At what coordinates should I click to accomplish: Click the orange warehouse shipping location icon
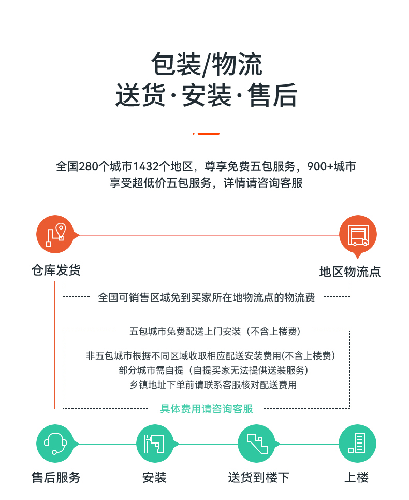(x=55, y=234)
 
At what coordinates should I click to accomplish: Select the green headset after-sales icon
(x=55, y=444)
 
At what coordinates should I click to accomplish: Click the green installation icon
(x=155, y=444)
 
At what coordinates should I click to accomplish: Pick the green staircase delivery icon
(x=257, y=444)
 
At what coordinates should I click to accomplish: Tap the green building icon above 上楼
(x=357, y=444)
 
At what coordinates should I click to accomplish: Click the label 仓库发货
(x=56, y=270)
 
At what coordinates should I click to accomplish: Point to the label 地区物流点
(x=350, y=272)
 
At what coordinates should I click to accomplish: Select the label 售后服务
(x=56, y=477)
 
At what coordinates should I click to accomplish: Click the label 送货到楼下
(x=259, y=477)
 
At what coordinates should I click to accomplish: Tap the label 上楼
(x=357, y=477)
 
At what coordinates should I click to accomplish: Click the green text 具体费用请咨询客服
(x=207, y=408)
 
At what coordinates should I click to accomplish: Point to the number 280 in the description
(x=88, y=166)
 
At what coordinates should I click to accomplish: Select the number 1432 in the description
(x=145, y=166)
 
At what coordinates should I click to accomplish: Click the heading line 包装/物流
(x=207, y=64)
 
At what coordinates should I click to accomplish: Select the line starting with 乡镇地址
(x=213, y=385)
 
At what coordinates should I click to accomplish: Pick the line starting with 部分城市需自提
(x=213, y=370)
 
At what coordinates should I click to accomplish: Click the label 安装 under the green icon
(x=154, y=477)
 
